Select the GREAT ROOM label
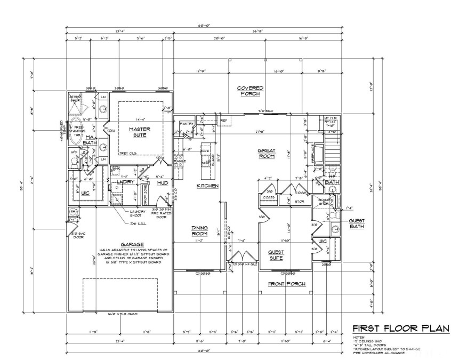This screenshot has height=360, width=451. click(x=266, y=153)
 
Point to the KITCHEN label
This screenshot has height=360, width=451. click(x=207, y=186)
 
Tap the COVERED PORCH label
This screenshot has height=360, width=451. click(x=250, y=91)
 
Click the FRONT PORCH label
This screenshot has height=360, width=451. click(x=287, y=284)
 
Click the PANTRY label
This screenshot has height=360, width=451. click(x=187, y=124)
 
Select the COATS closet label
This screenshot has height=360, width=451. click(x=268, y=197)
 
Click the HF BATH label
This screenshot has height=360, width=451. click(x=331, y=179)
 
